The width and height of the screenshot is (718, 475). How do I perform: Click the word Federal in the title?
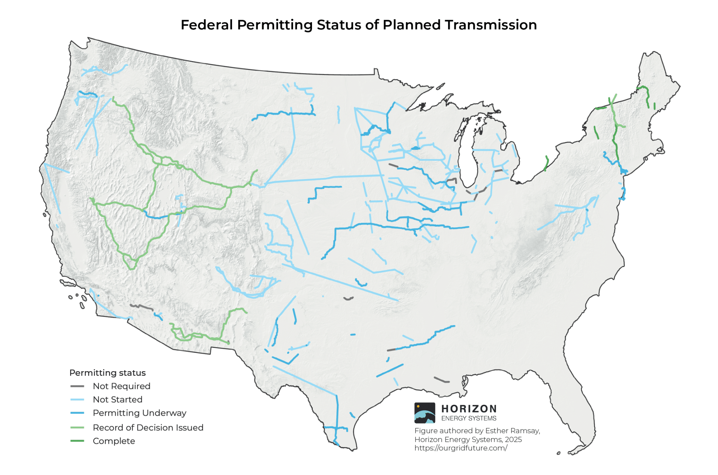(206, 25)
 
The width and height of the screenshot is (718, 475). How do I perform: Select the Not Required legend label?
(121, 386)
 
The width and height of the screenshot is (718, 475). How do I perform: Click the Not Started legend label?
(117, 400)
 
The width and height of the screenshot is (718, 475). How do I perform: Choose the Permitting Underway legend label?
(139, 413)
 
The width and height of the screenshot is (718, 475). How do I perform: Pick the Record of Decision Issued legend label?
(148, 428)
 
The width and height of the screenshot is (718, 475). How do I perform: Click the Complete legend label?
(114, 441)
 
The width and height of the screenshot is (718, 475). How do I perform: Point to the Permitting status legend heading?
(107, 373)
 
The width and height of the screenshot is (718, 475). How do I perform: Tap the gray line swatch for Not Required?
(77, 386)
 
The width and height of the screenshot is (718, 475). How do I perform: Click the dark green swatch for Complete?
(77, 441)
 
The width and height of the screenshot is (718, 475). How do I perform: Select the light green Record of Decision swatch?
(77, 428)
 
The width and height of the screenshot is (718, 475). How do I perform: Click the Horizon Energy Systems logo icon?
(425, 413)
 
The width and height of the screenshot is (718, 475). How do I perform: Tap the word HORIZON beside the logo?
(469, 409)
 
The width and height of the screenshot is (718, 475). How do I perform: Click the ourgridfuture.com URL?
(461, 448)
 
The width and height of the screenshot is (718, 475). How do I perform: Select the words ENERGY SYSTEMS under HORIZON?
(469, 418)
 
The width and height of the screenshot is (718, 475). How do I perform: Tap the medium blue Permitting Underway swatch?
(77, 413)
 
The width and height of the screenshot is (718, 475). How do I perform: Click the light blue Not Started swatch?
(77, 400)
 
